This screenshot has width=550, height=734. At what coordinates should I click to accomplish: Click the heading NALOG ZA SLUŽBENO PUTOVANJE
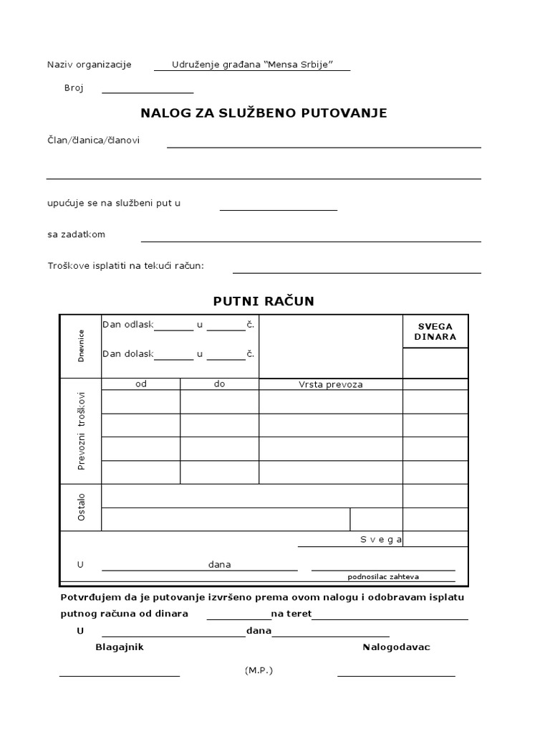(x=264, y=113)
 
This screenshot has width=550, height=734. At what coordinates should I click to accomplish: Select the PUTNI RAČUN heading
(x=264, y=301)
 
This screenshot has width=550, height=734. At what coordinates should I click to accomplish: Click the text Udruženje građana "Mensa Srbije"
(x=252, y=65)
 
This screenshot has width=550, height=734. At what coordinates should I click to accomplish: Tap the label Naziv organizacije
(x=90, y=65)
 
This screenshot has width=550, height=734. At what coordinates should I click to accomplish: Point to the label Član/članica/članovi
(x=93, y=140)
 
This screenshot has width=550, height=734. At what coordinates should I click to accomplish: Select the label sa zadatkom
(x=76, y=234)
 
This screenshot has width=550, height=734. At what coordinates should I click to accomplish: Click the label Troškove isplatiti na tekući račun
(x=125, y=266)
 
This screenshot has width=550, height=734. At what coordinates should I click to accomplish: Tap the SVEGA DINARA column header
(x=435, y=331)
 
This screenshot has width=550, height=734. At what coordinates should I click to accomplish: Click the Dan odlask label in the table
(x=128, y=325)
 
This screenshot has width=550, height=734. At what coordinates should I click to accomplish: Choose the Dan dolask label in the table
(x=128, y=353)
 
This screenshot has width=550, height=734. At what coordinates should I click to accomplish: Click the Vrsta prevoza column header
(x=330, y=384)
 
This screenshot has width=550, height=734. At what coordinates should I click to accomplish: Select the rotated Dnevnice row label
(x=81, y=345)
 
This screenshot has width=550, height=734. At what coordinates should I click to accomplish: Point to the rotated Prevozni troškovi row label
(x=81, y=430)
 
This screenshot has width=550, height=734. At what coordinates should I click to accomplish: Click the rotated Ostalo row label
(x=81, y=506)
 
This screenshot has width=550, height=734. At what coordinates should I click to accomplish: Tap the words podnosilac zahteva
(x=383, y=576)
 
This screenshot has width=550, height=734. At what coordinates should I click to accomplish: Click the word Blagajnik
(x=120, y=647)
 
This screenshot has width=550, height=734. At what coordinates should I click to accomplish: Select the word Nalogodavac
(x=396, y=647)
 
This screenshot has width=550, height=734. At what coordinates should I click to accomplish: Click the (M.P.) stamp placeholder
(x=259, y=670)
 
